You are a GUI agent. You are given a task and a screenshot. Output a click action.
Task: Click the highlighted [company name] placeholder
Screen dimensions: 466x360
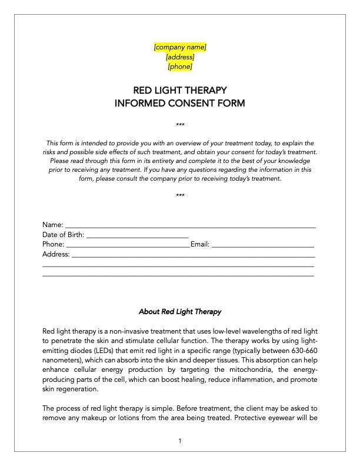click(180, 47)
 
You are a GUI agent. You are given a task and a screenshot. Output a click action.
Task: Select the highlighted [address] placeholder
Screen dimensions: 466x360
click(180, 57)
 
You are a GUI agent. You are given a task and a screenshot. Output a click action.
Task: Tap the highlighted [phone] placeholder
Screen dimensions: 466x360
click(180, 67)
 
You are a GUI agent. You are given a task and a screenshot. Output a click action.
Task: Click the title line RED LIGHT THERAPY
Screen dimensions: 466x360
click(180, 91)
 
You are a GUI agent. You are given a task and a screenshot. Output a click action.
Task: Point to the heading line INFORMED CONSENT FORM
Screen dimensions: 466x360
click(180, 104)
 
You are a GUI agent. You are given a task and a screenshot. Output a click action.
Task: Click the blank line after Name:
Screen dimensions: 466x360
click(190, 225)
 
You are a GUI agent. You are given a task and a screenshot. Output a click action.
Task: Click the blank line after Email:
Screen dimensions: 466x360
click(262, 245)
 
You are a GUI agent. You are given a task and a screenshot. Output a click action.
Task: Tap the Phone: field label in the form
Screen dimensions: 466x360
click(53, 245)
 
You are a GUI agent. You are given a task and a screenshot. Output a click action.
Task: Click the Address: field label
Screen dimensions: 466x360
click(56, 255)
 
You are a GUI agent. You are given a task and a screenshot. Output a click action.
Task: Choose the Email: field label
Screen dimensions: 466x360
click(200, 245)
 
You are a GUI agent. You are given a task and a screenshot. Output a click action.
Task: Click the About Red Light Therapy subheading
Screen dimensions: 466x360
click(180, 311)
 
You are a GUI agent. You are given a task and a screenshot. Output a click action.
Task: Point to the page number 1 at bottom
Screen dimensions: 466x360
click(180, 441)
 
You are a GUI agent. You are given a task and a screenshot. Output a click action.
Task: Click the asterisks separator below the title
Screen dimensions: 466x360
click(180, 125)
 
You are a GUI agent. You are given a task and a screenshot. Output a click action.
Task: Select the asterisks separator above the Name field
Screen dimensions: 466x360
click(180, 196)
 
